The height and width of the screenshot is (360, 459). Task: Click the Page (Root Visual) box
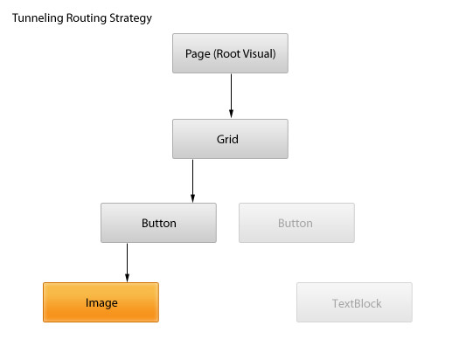230,53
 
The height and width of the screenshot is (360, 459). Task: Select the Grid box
230,139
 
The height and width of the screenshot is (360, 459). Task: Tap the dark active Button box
158,223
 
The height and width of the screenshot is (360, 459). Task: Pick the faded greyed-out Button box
296,223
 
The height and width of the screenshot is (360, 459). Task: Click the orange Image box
101,302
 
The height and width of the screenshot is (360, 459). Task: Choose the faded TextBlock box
354,302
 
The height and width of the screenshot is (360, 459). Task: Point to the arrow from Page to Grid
231,96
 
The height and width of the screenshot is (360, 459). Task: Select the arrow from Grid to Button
192,181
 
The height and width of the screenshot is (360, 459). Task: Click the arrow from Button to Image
127,263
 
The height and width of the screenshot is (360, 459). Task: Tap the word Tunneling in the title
38,18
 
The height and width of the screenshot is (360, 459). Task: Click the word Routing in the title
87,18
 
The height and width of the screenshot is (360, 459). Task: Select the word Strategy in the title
130,18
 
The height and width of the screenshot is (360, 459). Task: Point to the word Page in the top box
198,54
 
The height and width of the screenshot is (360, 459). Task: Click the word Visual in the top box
260,54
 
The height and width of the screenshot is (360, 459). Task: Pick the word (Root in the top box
227,54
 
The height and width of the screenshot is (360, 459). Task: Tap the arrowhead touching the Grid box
231,114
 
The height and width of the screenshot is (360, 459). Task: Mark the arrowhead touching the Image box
127,278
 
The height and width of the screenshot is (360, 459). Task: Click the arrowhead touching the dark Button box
192,198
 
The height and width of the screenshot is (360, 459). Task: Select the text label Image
101,303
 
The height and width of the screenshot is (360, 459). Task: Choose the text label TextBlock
357,303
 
